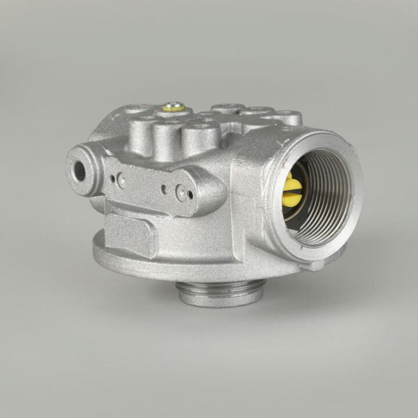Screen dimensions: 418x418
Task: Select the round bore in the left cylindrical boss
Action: [x=78, y=169]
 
